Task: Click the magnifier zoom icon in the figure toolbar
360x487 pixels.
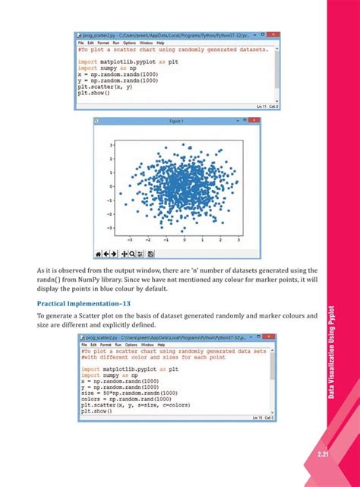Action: [131, 253]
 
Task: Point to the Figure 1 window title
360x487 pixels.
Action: [182, 120]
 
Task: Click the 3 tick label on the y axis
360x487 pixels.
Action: [111, 144]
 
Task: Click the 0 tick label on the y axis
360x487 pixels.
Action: [111, 186]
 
